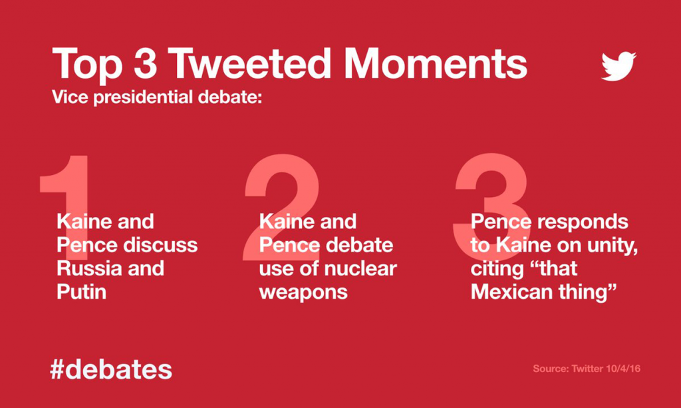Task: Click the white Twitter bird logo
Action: pyautogui.click(x=618, y=66)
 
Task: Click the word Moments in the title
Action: pyautogui.click(x=436, y=65)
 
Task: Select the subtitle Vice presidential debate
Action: pyautogui.click(x=158, y=97)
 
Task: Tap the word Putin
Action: pyautogui.click(x=81, y=292)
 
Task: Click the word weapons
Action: pyautogui.click(x=303, y=292)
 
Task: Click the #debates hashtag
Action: pyautogui.click(x=110, y=369)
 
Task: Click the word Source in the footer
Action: pyautogui.click(x=550, y=368)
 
